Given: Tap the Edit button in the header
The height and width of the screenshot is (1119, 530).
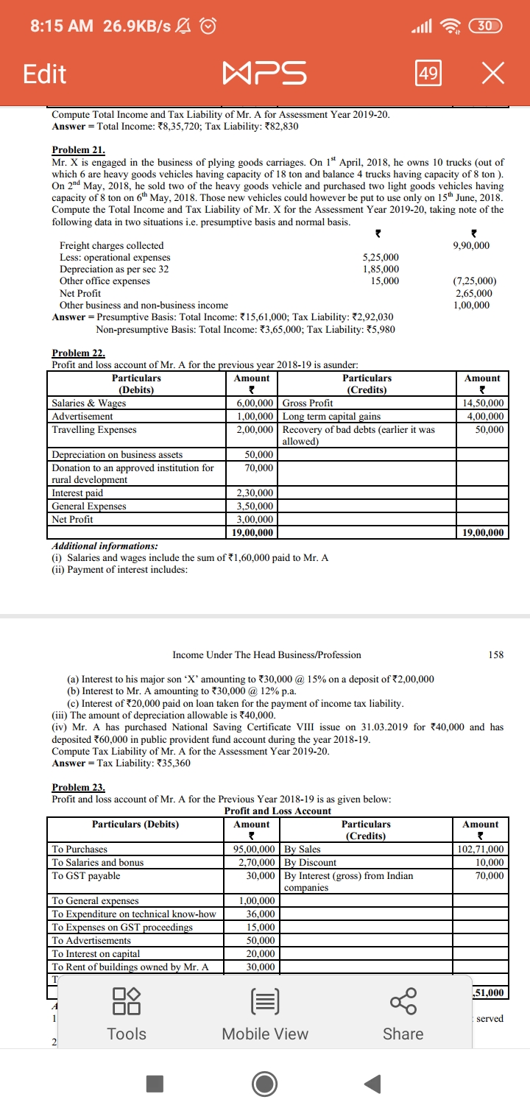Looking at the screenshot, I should (44, 74).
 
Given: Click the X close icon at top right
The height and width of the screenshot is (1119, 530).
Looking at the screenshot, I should (492, 74).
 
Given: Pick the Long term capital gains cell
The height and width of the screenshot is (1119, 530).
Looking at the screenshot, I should (332, 417).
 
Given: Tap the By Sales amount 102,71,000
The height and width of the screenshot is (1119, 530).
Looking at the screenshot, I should (481, 850).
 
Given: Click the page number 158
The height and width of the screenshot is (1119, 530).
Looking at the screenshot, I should (495, 654).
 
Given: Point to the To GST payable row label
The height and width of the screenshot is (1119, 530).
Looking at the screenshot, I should (86, 875).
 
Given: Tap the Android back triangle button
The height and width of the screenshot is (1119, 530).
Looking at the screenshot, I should (373, 1084).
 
